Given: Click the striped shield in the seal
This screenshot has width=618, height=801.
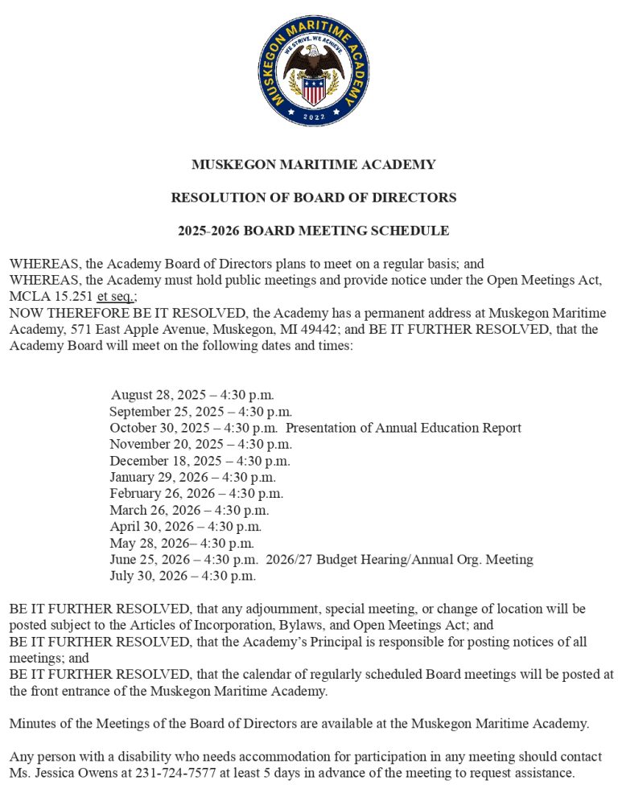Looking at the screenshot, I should tap(313, 88).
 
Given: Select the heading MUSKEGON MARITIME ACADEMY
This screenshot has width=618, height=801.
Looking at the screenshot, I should tap(313, 165).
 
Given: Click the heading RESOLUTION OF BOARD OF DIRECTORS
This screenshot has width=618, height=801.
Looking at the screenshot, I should tap(313, 198).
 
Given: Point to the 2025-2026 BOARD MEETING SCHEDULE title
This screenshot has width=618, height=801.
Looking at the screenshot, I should tap(313, 231).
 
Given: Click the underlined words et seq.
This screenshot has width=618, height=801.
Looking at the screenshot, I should tap(115, 296).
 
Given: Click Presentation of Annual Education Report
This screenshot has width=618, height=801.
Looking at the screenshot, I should tap(403, 428).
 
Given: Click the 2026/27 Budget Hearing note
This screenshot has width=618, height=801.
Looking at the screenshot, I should tap(399, 559).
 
